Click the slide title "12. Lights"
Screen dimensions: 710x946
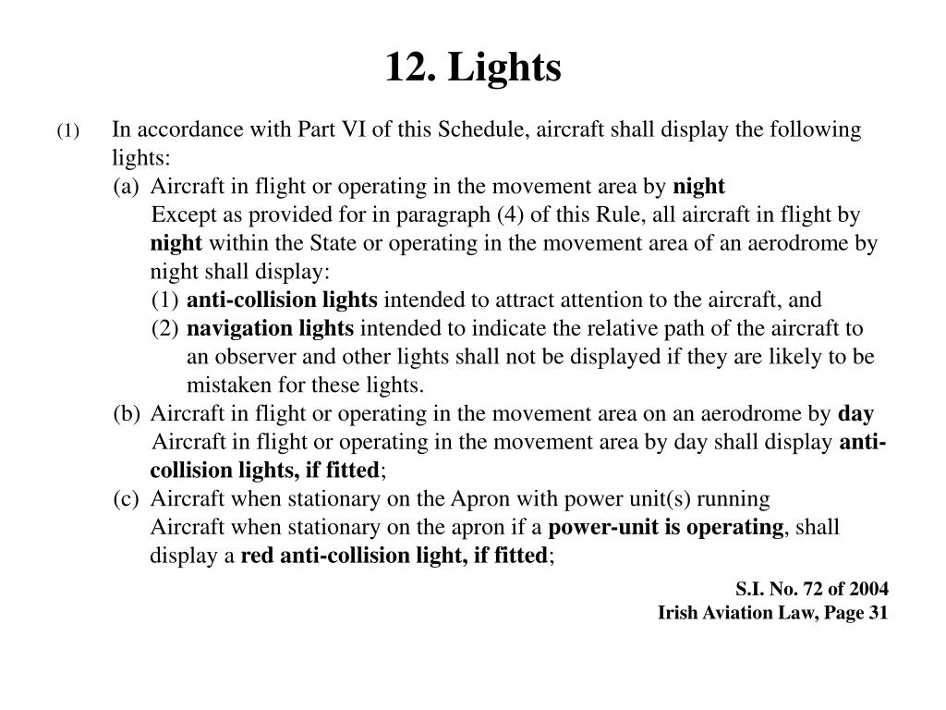tap(473, 67)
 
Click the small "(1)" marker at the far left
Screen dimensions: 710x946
tap(68, 131)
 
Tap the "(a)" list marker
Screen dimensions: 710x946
tap(127, 187)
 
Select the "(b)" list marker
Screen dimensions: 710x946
tap(127, 414)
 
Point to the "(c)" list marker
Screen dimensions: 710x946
tap(127, 499)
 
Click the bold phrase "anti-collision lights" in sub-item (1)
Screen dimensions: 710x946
tap(282, 300)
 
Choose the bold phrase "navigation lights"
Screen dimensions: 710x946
tap(270, 328)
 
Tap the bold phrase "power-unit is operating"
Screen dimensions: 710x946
tap(665, 527)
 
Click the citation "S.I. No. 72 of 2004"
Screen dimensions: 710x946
tap(812, 588)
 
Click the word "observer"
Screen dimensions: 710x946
tap(251, 357)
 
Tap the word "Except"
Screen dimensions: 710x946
tap(181, 215)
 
